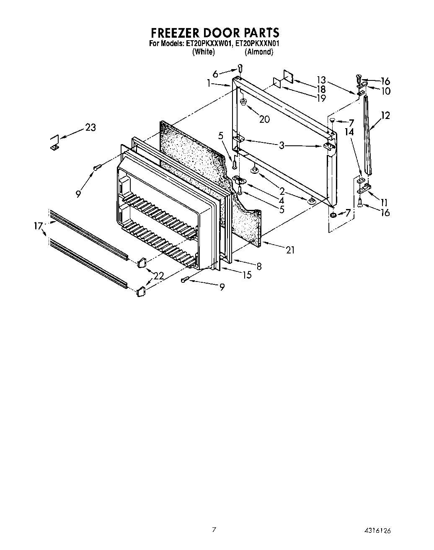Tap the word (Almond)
coord(259,52)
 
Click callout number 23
coord(90,127)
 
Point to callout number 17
coord(39,226)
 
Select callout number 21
coord(290,250)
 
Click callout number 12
coord(385,115)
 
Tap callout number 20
coord(264,119)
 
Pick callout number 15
coord(247,275)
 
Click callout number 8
coord(259,266)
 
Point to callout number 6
coord(215,74)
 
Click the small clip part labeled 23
coord(54,142)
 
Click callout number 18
coord(321,89)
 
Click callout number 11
coord(384,202)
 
